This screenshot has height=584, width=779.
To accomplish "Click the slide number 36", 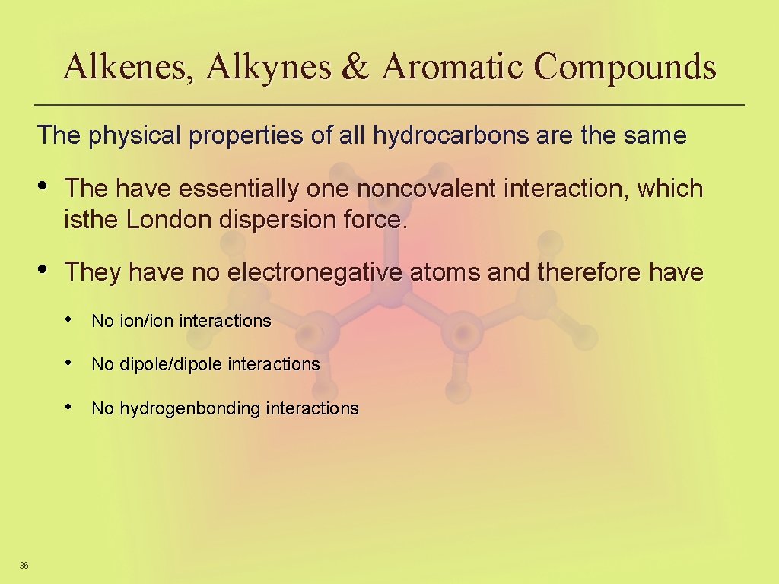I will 24,565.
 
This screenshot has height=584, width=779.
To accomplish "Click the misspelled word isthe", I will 92,220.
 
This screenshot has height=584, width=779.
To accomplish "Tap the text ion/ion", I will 146,321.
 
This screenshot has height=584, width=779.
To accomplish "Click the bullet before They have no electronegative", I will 44,269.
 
